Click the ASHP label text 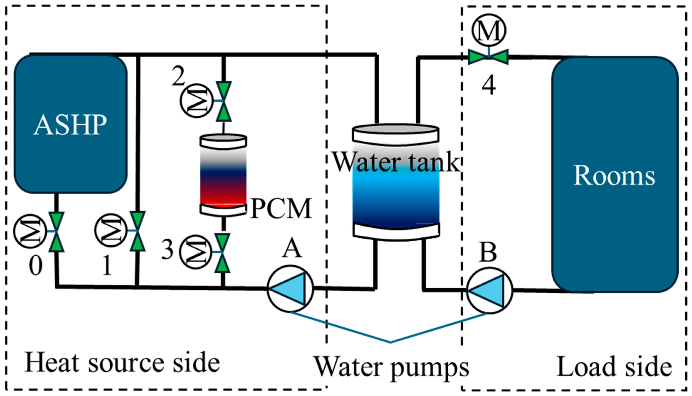70,125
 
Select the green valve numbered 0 56,232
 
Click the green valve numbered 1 138,231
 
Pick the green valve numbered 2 224,101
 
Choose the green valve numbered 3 222,253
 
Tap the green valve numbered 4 488,57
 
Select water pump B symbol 490,291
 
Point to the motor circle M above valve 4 489,30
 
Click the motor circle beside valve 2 196,101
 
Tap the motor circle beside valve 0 30,231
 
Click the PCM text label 281,208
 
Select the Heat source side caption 122,363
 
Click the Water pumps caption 391,366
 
